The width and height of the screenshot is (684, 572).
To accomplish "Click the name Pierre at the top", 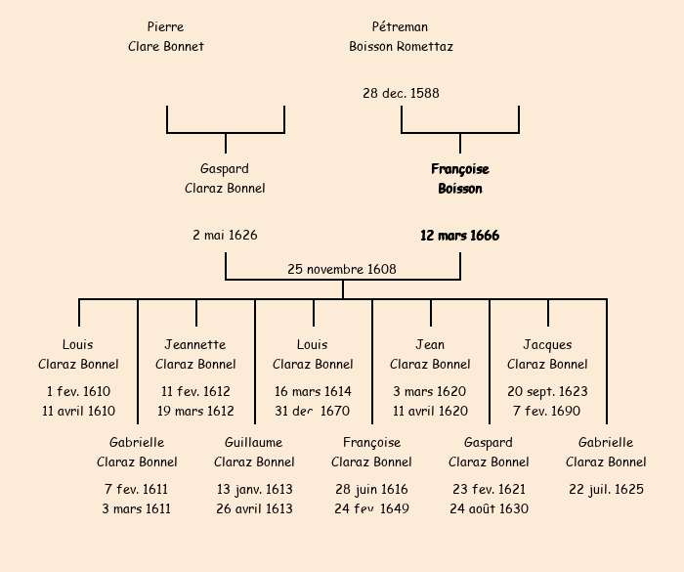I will tap(165, 26).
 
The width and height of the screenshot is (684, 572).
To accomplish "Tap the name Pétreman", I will tap(400, 26).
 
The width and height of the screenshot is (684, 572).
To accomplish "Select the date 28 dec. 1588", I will tap(401, 94).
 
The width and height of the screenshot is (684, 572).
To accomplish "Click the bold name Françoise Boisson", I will tap(460, 179).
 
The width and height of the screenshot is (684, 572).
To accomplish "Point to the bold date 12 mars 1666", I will tap(460, 236).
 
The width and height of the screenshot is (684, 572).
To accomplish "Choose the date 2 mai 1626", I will tap(225, 236).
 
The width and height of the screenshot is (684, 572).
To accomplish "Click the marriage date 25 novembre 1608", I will tap(342, 269).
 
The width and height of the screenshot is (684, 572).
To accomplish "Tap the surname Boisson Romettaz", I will tap(401, 46).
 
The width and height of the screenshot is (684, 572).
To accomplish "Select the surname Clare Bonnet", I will tap(166, 46).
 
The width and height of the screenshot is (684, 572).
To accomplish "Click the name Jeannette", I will tap(195, 344).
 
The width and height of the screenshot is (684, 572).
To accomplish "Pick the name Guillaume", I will tap(253, 442).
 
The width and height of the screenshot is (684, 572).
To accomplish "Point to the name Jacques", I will tap(547, 344).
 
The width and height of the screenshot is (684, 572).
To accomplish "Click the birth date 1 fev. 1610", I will tap(78, 391).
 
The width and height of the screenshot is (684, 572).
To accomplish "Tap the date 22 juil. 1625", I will tap(606, 489).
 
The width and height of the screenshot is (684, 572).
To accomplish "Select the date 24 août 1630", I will tap(489, 508).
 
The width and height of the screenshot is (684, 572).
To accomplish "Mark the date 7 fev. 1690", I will tap(547, 411).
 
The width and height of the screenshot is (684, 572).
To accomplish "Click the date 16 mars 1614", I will tap(313, 391).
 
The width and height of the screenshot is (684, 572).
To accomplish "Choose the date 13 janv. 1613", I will tap(254, 489).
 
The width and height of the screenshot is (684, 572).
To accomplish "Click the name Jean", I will tap(430, 344).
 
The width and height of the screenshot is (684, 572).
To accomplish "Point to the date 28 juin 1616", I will tap(371, 489).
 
